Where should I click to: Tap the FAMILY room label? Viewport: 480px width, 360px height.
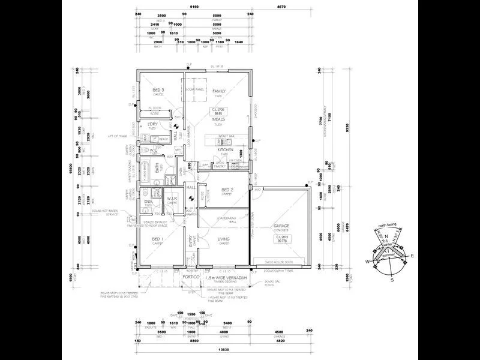pos(218,91)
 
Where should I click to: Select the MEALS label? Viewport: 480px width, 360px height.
pos(218,119)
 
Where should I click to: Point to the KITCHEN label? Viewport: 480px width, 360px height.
pos(225,150)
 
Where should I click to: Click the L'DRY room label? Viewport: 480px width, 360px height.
pos(152,124)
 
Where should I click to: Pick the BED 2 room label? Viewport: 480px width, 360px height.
pos(226,190)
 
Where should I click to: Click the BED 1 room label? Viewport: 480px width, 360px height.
pos(158,239)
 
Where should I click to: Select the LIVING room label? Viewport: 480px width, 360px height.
pos(224,239)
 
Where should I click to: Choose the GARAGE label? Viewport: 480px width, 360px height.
pos(281,226)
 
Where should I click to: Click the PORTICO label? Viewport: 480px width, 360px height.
pos(191,277)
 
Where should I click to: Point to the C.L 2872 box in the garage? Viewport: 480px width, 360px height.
pos(282,239)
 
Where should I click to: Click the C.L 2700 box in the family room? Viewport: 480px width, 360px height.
pos(218,111)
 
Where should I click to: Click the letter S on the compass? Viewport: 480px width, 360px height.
pos(392,280)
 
